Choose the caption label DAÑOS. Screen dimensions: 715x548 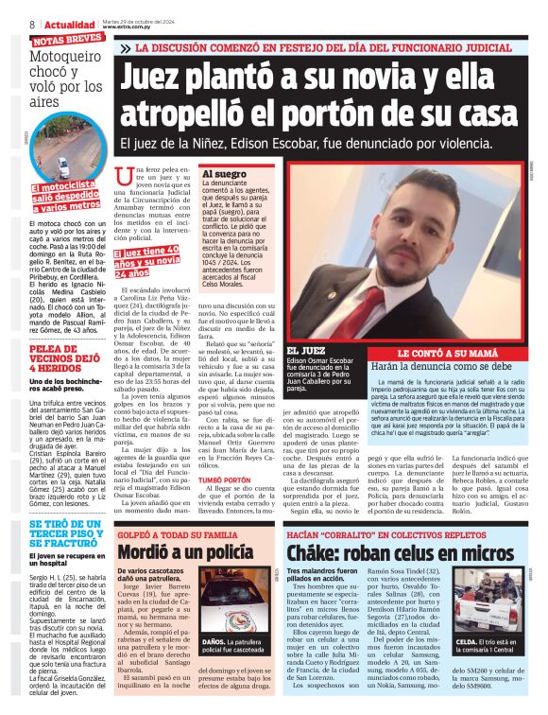(x=215, y=668)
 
